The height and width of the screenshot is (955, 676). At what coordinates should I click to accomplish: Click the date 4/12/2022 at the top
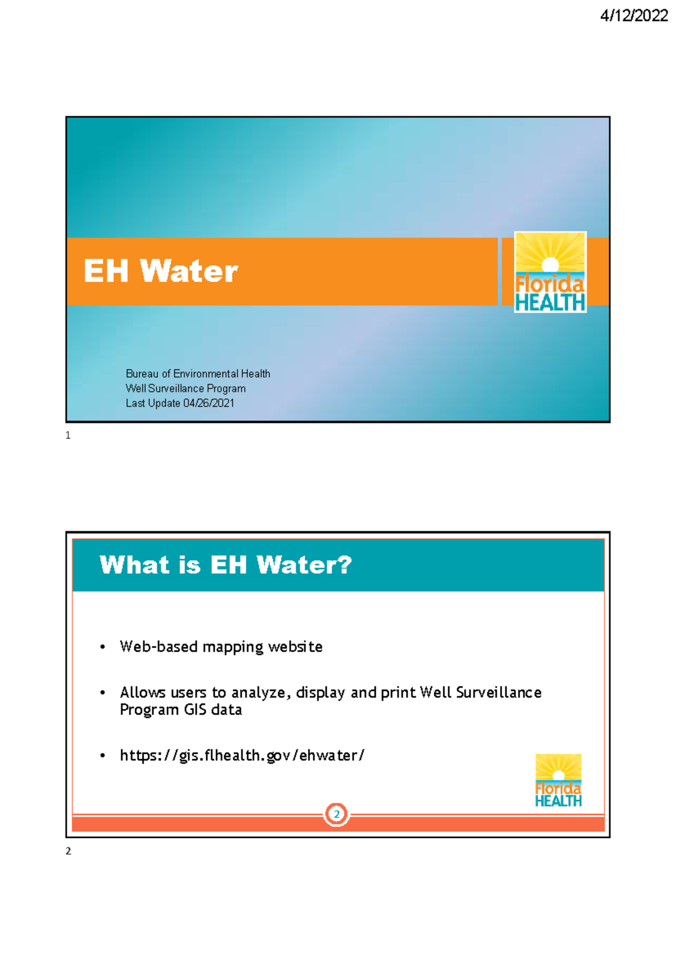tap(634, 16)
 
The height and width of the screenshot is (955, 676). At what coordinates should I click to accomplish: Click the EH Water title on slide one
tap(161, 271)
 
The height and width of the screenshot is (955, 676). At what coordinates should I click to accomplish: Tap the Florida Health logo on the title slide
tap(550, 272)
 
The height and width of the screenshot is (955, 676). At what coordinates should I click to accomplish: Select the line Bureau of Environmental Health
tap(198, 374)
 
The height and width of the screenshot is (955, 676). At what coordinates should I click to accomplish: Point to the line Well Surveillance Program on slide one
tap(185, 389)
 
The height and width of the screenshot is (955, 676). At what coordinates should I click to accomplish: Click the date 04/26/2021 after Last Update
tap(208, 403)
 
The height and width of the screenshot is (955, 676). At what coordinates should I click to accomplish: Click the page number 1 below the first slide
tap(68, 435)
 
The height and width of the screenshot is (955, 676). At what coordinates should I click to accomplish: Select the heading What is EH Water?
tap(225, 565)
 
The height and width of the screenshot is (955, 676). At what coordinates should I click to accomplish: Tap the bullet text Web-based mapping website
tap(221, 646)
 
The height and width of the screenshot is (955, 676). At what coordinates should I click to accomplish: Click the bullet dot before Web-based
tap(103, 647)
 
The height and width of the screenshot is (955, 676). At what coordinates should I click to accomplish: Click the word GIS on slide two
tap(195, 709)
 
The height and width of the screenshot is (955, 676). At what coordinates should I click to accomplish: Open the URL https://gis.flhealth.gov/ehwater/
tap(242, 755)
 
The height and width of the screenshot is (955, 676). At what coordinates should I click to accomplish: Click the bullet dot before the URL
tap(103, 756)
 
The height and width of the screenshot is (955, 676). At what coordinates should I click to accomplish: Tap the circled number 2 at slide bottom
tap(337, 814)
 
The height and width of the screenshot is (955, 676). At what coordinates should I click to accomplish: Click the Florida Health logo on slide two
tap(558, 780)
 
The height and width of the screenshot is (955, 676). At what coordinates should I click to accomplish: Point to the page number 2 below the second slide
tap(68, 851)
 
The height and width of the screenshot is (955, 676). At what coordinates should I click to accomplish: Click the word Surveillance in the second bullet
tap(499, 693)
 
